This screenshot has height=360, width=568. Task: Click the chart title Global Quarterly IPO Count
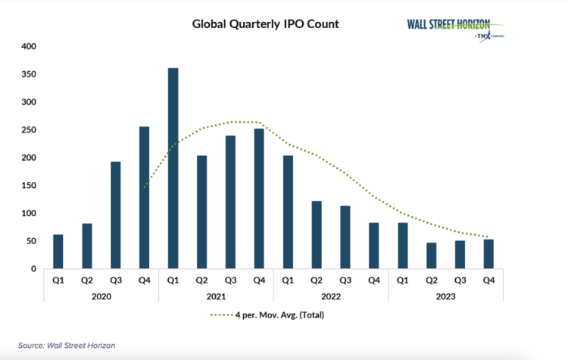(x=265, y=23)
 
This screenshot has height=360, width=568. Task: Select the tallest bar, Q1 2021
(x=173, y=168)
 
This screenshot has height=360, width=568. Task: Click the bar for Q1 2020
(x=58, y=252)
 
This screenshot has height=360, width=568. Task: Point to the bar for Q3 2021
(x=231, y=202)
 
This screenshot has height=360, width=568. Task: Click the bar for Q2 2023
(x=432, y=255)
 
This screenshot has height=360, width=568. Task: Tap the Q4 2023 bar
(x=489, y=254)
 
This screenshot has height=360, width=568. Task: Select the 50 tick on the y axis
(x=31, y=241)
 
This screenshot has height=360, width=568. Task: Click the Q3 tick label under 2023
(x=460, y=280)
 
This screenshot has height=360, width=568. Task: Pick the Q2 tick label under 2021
(x=202, y=280)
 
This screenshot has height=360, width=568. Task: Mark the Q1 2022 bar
(x=289, y=212)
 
